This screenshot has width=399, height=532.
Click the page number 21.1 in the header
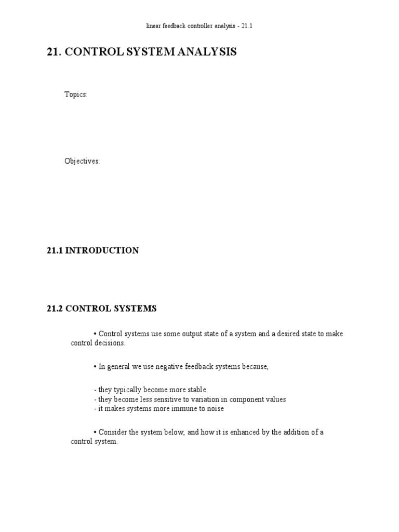[246, 25]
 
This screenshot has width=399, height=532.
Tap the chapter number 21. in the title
[54, 52]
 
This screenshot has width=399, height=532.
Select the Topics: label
[76, 95]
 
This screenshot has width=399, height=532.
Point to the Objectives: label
[82, 161]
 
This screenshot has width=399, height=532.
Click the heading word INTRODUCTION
[102, 250]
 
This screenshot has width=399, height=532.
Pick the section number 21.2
[55, 309]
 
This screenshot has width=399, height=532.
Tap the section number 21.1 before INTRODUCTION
[55, 250]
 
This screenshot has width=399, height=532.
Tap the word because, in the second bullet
[255, 367]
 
